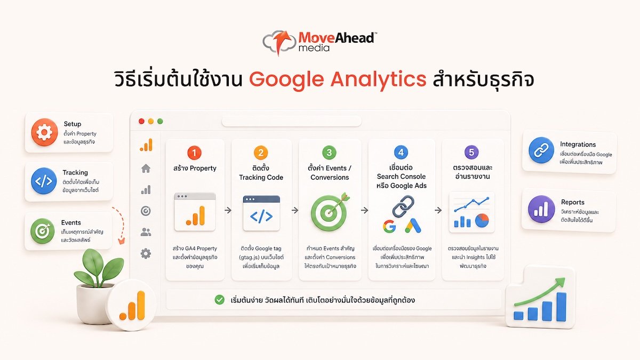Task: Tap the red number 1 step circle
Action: [194, 153]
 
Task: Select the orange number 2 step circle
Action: [261, 153]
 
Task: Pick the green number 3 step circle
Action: [329, 153]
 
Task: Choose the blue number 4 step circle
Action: [401, 152]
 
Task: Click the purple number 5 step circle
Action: [471, 152]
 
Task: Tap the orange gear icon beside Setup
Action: [45, 132]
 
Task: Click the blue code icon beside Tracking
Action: [44, 181]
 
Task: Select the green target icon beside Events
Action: [42, 230]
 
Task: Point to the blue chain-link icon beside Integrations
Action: [541, 150]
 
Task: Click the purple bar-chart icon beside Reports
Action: [541, 209]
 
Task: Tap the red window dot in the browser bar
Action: [141, 121]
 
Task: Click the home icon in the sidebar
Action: [146, 169]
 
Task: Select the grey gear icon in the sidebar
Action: [146, 253]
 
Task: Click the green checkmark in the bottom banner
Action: [219, 300]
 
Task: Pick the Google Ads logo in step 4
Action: [413, 226]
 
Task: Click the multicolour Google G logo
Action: [389, 226]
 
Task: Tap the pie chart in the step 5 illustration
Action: [482, 220]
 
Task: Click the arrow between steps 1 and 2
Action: [228, 210]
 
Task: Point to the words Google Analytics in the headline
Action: [338, 79]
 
